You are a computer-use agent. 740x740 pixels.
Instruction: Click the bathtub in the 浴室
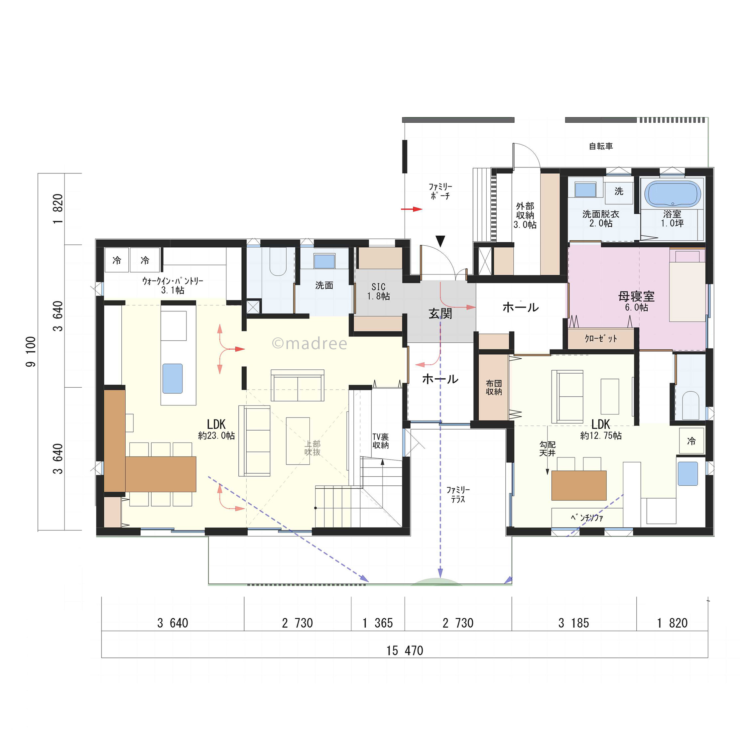click(x=673, y=194)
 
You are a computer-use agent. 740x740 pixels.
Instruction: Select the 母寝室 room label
click(x=636, y=296)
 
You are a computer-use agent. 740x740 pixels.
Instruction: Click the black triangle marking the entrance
click(x=440, y=241)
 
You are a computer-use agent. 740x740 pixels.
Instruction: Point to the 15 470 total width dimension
click(x=405, y=650)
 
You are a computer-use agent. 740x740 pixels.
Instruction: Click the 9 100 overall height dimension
click(x=31, y=352)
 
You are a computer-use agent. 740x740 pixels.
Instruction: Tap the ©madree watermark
click(x=309, y=344)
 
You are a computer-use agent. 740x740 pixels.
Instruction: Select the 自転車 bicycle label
click(x=601, y=146)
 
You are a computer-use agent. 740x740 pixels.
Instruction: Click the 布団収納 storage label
click(x=494, y=387)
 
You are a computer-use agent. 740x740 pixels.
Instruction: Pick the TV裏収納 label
click(x=380, y=441)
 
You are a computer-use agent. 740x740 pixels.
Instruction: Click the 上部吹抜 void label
click(x=312, y=448)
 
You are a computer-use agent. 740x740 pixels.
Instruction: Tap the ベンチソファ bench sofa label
click(x=587, y=518)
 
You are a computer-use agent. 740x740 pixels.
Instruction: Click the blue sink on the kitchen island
click(x=172, y=378)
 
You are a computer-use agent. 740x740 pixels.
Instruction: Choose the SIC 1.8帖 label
click(x=378, y=292)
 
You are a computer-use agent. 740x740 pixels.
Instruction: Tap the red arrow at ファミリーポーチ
click(x=412, y=209)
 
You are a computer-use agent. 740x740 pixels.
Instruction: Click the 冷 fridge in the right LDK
click(x=691, y=441)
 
